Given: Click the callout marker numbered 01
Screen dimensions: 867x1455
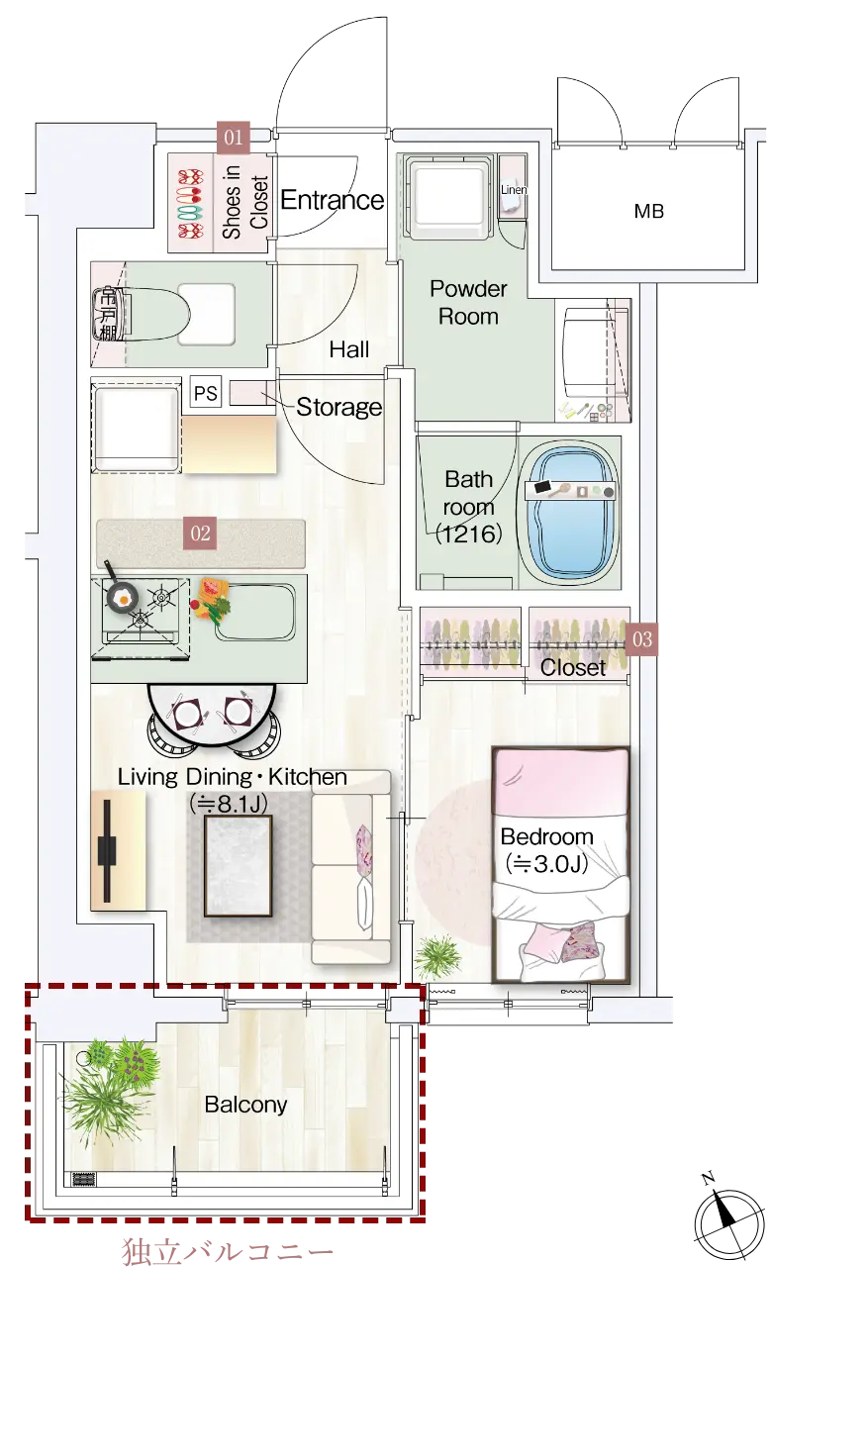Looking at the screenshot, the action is pyautogui.click(x=234, y=137).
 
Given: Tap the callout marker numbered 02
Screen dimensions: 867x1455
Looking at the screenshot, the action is pyautogui.click(x=200, y=533).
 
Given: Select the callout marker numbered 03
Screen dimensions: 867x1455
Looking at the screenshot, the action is pyautogui.click(x=641, y=639).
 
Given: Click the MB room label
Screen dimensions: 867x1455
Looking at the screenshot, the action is pyautogui.click(x=649, y=211).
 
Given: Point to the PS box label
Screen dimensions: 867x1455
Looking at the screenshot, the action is pyautogui.click(x=206, y=393).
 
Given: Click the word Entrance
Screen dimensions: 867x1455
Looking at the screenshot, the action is pyautogui.click(x=332, y=200).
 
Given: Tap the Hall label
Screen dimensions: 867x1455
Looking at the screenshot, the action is pyautogui.click(x=348, y=349).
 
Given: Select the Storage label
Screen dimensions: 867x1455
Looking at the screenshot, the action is pyautogui.click(x=339, y=407).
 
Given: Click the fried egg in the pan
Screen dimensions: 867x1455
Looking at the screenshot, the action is pyautogui.click(x=122, y=596).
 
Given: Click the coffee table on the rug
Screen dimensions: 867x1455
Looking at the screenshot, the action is pyautogui.click(x=238, y=865).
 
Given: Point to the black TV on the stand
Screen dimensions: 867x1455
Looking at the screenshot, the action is pyautogui.click(x=107, y=851).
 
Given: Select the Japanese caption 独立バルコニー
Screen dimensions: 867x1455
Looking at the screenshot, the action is pyautogui.click(x=228, y=1252).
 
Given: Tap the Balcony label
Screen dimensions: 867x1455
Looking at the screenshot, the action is pyautogui.click(x=245, y=1105).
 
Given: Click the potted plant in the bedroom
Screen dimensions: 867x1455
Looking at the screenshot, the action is pyautogui.click(x=438, y=956).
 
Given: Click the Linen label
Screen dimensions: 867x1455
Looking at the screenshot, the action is pyautogui.click(x=513, y=190).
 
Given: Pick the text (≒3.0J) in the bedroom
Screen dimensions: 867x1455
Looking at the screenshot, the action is pyautogui.click(x=547, y=864).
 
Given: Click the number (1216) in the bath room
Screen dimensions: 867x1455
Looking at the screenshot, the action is pyautogui.click(x=469, y=533).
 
